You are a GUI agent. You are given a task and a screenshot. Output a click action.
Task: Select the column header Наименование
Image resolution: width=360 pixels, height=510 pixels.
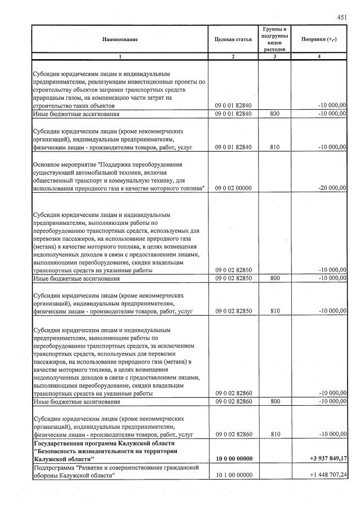(119, 39)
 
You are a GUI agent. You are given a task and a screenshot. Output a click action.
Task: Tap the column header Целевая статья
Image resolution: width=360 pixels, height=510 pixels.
(233, 39)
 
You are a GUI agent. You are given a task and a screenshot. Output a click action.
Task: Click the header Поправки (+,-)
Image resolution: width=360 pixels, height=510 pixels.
(319, 39)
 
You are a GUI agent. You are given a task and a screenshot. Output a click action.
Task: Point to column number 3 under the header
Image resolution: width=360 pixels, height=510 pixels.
(274, 57)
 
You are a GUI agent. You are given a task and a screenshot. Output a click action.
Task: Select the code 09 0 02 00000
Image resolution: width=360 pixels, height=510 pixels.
(233, 188)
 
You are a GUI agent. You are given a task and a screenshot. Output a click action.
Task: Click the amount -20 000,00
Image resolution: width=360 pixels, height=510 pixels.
(331, 188)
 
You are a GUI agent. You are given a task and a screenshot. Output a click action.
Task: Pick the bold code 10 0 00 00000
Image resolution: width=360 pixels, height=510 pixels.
(233, 459)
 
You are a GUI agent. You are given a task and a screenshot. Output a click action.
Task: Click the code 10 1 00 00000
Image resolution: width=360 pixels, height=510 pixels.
(233, 476)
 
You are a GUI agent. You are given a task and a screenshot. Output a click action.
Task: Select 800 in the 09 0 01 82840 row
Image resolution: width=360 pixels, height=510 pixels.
(274, 114)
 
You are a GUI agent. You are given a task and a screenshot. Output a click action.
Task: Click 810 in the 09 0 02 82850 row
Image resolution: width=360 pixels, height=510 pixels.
(274, 311)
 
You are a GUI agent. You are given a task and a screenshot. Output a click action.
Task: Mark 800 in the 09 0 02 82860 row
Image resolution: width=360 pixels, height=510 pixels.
(274, 402)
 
